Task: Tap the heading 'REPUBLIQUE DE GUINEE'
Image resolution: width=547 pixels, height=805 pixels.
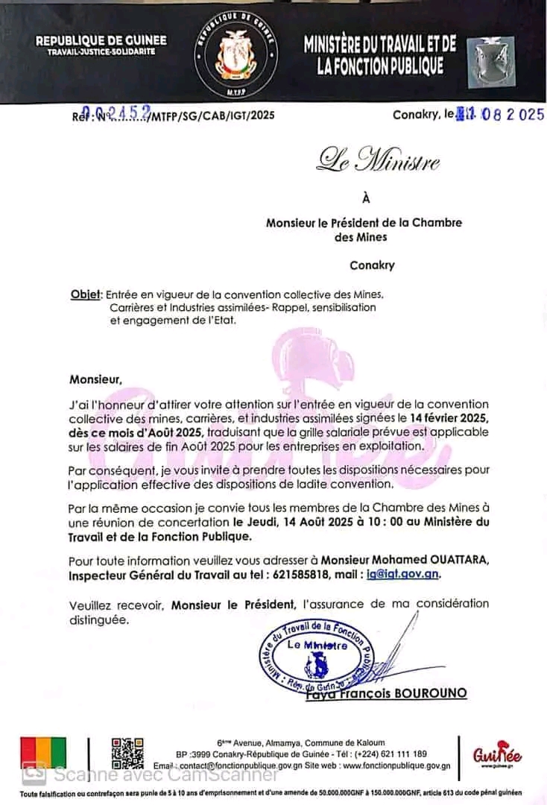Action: [101, 40]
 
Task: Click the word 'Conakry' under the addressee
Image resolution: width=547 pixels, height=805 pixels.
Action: [372, 265]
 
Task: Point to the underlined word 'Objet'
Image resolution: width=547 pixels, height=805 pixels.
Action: [85, 294]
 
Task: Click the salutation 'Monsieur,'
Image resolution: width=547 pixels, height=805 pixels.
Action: [95, 379]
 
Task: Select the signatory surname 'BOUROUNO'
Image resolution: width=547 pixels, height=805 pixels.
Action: [435, 693]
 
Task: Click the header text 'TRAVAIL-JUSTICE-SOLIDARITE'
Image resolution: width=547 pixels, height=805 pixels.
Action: [101, 52]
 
